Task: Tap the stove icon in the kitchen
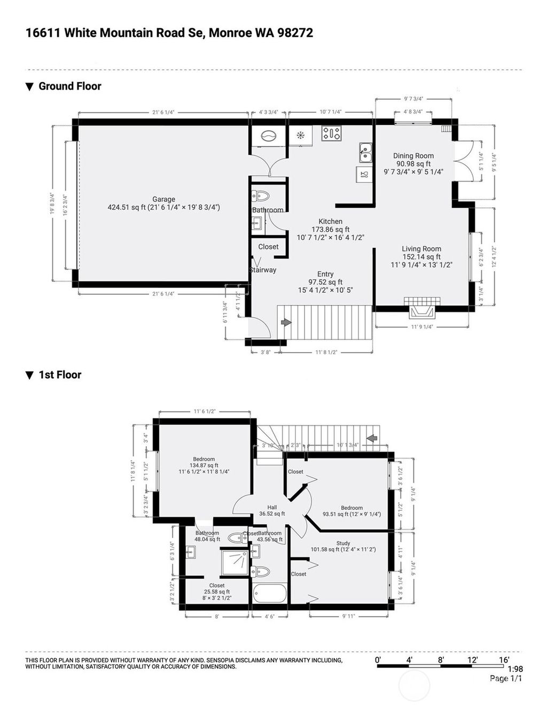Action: click(x=331, y=134)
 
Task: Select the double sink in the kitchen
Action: click(x=365, y=152)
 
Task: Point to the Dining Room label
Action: click(x=413, y=156)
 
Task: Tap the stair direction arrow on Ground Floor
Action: click(x=286, y=322)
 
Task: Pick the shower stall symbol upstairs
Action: click(x=235, y=563)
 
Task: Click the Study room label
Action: click(x=343, y=543)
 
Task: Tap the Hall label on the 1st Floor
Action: click(x=272, y=508)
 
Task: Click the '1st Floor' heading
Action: click(x=60, y=375)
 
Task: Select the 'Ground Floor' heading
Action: click(x=69, y=86)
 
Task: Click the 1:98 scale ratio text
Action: click(x=514, y=669)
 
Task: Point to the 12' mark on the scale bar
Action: click(x=472, y=660)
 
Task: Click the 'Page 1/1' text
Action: click(x=505, y=679)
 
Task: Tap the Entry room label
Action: click(x=325, y=274)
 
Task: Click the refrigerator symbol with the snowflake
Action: click(x=301, y=135)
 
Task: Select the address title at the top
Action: click(x=169, y=33)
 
